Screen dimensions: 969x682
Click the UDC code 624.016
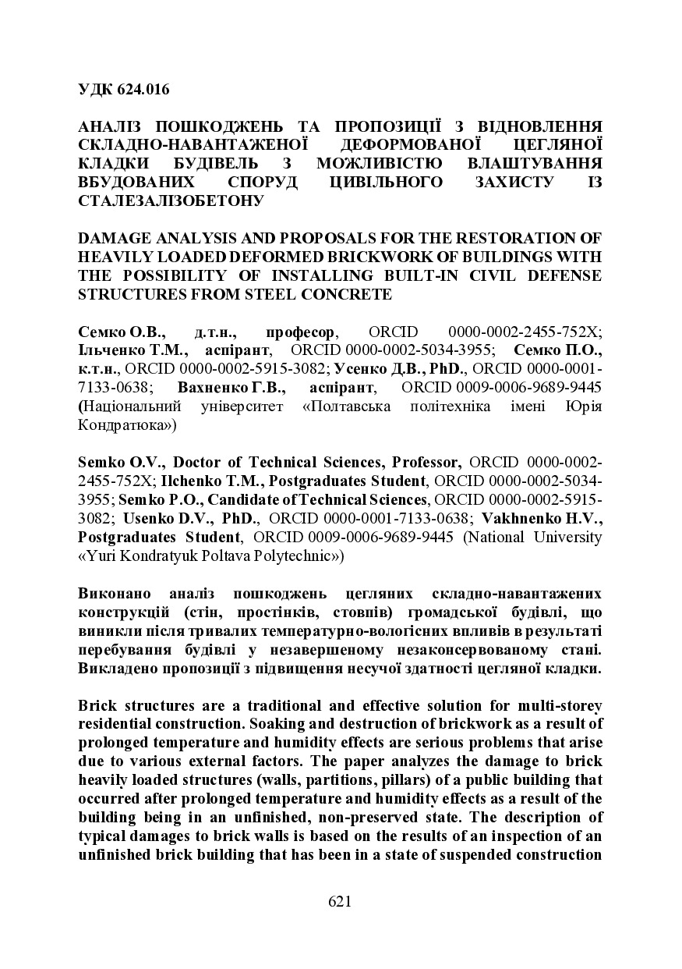(x=143, y=89)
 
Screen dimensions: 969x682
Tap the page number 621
(x=340, y=902)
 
